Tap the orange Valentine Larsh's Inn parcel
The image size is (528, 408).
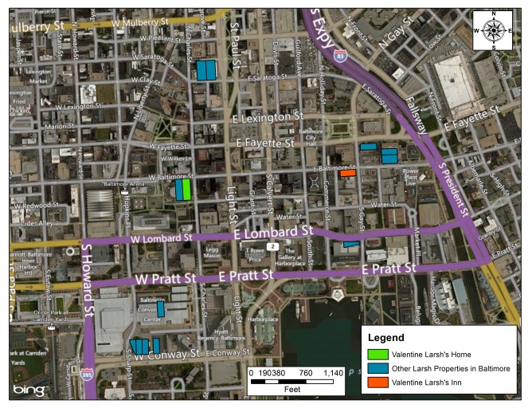[x=347, y=171]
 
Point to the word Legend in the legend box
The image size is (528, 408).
[x=386, y=338]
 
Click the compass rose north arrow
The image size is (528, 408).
[x=493, y=30]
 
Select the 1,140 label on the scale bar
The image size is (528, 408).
[x=330, y=372]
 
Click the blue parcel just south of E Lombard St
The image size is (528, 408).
[x=350, y=244]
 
